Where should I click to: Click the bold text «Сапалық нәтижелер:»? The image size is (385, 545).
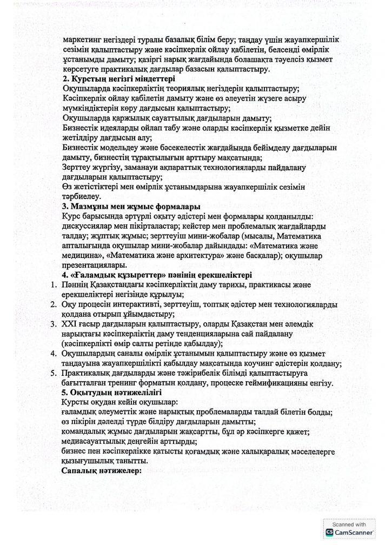[101, 470]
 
